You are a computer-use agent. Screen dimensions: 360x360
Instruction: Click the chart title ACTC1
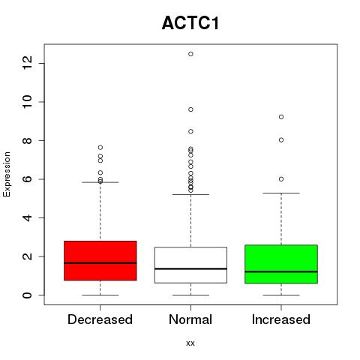(190, 23)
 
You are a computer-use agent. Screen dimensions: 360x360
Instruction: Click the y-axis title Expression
(7, 174)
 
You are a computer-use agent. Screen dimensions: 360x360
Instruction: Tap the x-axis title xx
(190, 343)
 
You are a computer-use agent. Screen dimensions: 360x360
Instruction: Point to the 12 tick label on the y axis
(27, 63)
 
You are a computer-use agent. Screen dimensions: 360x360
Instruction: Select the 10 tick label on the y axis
(27, 101)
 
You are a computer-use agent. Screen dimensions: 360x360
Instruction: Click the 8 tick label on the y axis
(27, 140)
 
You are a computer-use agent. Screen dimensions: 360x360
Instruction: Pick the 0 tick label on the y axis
(27, 295)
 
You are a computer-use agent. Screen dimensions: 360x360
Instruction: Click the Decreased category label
(100, 319)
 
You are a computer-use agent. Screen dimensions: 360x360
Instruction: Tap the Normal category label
(190, 319)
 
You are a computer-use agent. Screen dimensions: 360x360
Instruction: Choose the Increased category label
(281, 319)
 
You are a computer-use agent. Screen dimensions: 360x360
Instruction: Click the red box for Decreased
(100, 260)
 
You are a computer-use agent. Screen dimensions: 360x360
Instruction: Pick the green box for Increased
(281, 264)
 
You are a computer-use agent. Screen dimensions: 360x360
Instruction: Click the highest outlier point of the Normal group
(190, 54)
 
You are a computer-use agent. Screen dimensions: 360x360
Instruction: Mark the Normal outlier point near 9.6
(190, 109)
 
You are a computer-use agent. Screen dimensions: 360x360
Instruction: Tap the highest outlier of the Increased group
(281, 117)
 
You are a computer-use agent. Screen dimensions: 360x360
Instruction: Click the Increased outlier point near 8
(281, 140)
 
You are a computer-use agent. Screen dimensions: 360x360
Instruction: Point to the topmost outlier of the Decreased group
(100, 147)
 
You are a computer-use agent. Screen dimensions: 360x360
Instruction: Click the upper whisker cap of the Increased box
(281, 193)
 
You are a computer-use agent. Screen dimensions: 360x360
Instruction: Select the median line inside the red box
(100, 263)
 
